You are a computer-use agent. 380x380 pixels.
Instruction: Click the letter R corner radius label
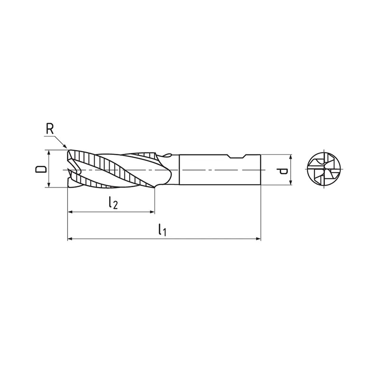pyautogui.click(x=50, y=129)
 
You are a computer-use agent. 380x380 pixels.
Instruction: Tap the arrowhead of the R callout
pyautogui.click(x=65, y=146)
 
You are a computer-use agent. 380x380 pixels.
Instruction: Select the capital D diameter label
pyautogui.click(x=41, y=169)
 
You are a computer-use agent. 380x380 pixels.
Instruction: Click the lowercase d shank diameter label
pyautogui.click(x=283, y=171)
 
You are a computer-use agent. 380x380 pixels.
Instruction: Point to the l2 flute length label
pyautogui.click(x=113, y=203)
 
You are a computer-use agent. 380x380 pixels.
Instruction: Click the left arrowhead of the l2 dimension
pyautogui.click(x=70, y=212)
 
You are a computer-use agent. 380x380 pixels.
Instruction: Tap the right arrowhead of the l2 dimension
pyautogui.click(x=152, y=212)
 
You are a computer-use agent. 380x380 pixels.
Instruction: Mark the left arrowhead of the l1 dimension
pyautogui.click(x=70, y=239)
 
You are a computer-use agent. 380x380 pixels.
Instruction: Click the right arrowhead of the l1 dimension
pyautogui.click(x=258, y=239)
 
